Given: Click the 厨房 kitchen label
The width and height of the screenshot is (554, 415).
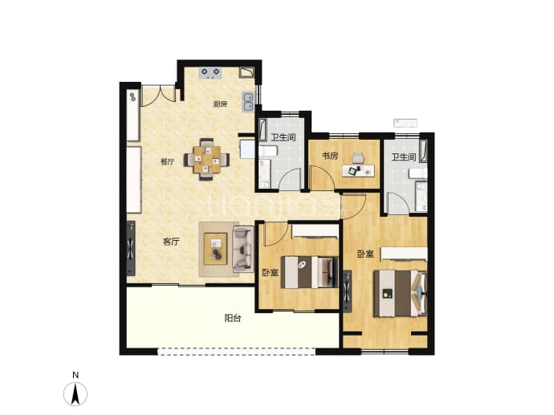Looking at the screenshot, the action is [220, 104].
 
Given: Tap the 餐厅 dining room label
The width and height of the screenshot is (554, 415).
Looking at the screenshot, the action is [168, 162].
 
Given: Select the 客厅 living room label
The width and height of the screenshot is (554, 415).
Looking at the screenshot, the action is [171, 242].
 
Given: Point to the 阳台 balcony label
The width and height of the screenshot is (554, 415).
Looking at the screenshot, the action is [233, 318].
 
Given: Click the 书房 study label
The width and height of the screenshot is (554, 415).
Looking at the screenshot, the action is [330, 156].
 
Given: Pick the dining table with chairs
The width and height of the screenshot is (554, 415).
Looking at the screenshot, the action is [206, 160].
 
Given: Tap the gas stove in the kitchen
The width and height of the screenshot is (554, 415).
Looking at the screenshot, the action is [210, 73].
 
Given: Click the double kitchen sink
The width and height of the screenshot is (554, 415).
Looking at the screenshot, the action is [248, 102].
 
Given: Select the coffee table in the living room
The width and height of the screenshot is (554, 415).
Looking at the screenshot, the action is [215, 249].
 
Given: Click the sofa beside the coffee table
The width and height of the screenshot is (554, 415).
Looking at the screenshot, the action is [243, 250].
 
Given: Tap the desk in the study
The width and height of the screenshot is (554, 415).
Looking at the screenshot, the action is [358, 170].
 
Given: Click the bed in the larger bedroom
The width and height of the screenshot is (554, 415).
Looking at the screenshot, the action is [401, 293].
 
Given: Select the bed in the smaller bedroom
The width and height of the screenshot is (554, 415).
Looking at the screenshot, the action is [310, 272].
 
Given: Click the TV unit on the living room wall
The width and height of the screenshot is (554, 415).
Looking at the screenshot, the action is [131, 248].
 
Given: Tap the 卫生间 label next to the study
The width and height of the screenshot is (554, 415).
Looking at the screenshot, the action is [283, 137].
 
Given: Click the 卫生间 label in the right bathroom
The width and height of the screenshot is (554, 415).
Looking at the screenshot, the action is [404, 157].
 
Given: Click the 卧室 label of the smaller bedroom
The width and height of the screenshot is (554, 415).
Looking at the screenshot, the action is [271, 273].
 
